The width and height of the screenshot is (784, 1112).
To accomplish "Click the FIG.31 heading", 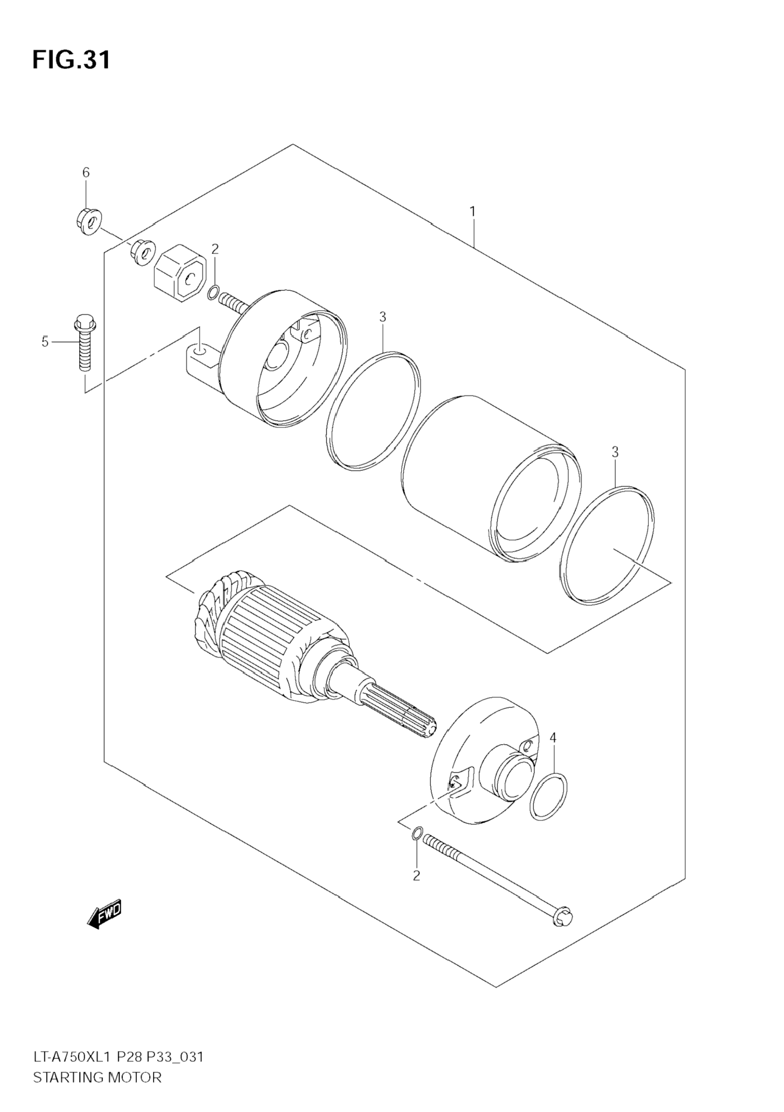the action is click(x=71, y=60).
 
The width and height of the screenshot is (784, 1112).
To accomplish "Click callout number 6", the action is click(x=86, y=172).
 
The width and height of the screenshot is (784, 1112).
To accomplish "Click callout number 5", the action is click(x=45, y=342).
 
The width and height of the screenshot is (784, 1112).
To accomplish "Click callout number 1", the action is click(x=472, y=212).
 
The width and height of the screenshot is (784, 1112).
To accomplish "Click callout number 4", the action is click(x=553, y=751).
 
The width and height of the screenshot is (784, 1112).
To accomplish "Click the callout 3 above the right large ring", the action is click(x=615, y=452).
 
